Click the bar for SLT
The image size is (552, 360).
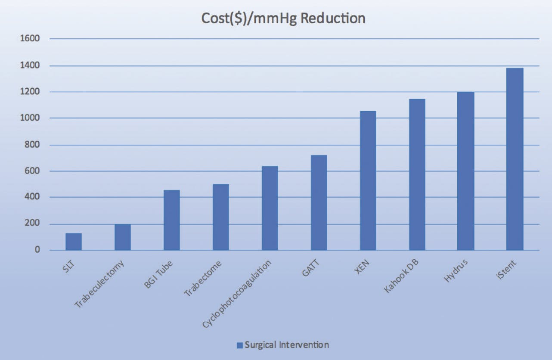(x=74, y=242)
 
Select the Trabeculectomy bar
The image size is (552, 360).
(x=123, y=237)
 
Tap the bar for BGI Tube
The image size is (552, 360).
(x=172, y=220)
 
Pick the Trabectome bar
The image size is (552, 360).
(x=221, y=217)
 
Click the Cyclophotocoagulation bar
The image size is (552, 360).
(x=270, y=208)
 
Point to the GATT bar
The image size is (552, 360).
(x=319, y=202)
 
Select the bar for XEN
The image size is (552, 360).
(x=368, y=180)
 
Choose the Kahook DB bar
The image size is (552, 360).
(x=417, y=174)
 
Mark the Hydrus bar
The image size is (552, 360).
(x=466, y=171)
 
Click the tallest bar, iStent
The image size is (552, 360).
(x=515, y=159)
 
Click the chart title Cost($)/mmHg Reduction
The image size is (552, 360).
(x=284, y=19)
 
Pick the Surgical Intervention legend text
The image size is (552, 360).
(x=287, y=345)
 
